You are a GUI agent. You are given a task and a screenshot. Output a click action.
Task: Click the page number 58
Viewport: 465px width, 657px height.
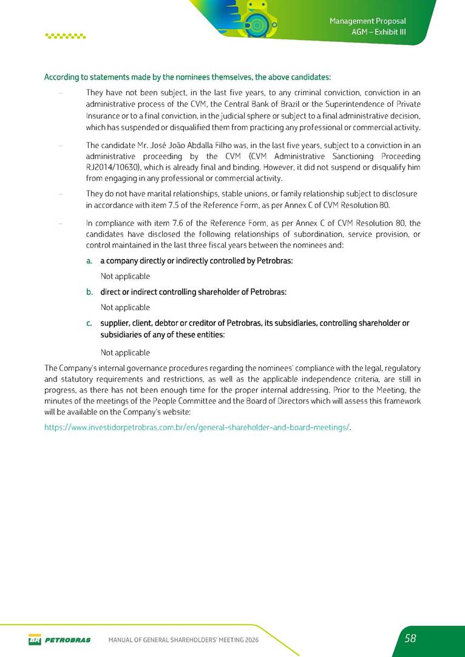(x=410, y=638)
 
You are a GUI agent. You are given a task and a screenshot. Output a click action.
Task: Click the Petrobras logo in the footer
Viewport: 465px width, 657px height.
(x=59, y=639)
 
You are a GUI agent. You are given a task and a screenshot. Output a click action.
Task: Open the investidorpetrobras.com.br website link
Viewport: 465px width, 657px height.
(x=198, y=427)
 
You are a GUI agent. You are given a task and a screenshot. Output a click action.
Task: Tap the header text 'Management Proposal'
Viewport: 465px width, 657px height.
(x=367, y=21)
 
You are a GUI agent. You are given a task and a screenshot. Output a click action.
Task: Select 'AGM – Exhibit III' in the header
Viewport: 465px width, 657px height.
(x=379, y=32)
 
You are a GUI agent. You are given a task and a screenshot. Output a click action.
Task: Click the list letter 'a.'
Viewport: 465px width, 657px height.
(x=89, y=261)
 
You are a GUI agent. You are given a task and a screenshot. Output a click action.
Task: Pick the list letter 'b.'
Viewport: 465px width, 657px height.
(x=89, y=292)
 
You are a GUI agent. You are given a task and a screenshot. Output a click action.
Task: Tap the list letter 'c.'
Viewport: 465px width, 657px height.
(x=89, y=323)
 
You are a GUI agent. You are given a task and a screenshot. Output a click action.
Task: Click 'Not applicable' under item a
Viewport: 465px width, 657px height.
(x=125, y=276)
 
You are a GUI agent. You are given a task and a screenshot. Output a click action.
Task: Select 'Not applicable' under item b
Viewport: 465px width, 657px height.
(x=125, y=307)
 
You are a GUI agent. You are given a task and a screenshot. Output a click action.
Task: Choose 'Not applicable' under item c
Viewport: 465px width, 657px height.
(x=125, y=352)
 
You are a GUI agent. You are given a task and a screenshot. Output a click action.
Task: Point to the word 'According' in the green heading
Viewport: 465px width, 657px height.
(x=61, y=77)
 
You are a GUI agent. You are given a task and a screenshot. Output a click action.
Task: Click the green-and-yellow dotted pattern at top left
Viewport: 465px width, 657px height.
(x=66, y=36)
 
